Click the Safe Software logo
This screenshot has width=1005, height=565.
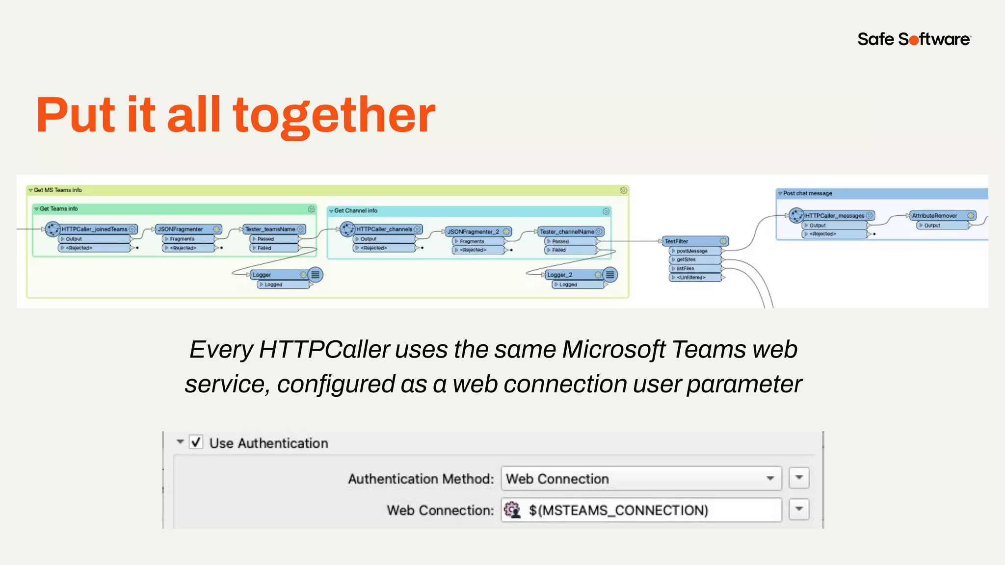click(914, 39)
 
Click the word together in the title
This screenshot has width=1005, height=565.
click(334, 116)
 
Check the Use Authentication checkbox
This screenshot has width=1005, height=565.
click(196, 442)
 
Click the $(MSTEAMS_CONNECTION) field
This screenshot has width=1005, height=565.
click(641, 510)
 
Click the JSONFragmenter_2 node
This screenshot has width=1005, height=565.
click(473, 231)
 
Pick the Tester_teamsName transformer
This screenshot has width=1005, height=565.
click(270, 229)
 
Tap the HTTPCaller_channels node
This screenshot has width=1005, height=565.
click(384, 229)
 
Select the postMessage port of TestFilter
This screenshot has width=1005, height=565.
click(692, 251)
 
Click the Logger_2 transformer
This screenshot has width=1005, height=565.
click(569, 275)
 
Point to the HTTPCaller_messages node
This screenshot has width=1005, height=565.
click(834, 215)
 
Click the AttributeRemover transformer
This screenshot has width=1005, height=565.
click(935, 215)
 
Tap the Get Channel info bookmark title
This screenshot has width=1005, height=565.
click(356, 210)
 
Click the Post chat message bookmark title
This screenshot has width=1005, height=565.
click(808, 193)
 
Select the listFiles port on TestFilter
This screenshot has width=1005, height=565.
click(685, 268)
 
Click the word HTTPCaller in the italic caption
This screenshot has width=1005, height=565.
click(324, 350)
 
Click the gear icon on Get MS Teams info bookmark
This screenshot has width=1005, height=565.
click(623, 190)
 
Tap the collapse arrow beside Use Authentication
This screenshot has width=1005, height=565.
click(180, 442)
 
